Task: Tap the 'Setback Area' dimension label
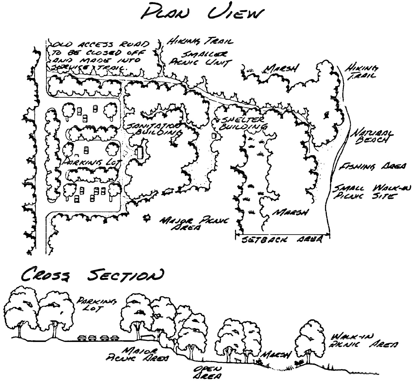pos(282,240)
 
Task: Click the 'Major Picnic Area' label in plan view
pos(194,224)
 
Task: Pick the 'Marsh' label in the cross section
pos(276,355)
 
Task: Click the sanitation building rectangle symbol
pos(139,153)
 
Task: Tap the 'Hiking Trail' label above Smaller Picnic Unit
pos(199,42)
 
